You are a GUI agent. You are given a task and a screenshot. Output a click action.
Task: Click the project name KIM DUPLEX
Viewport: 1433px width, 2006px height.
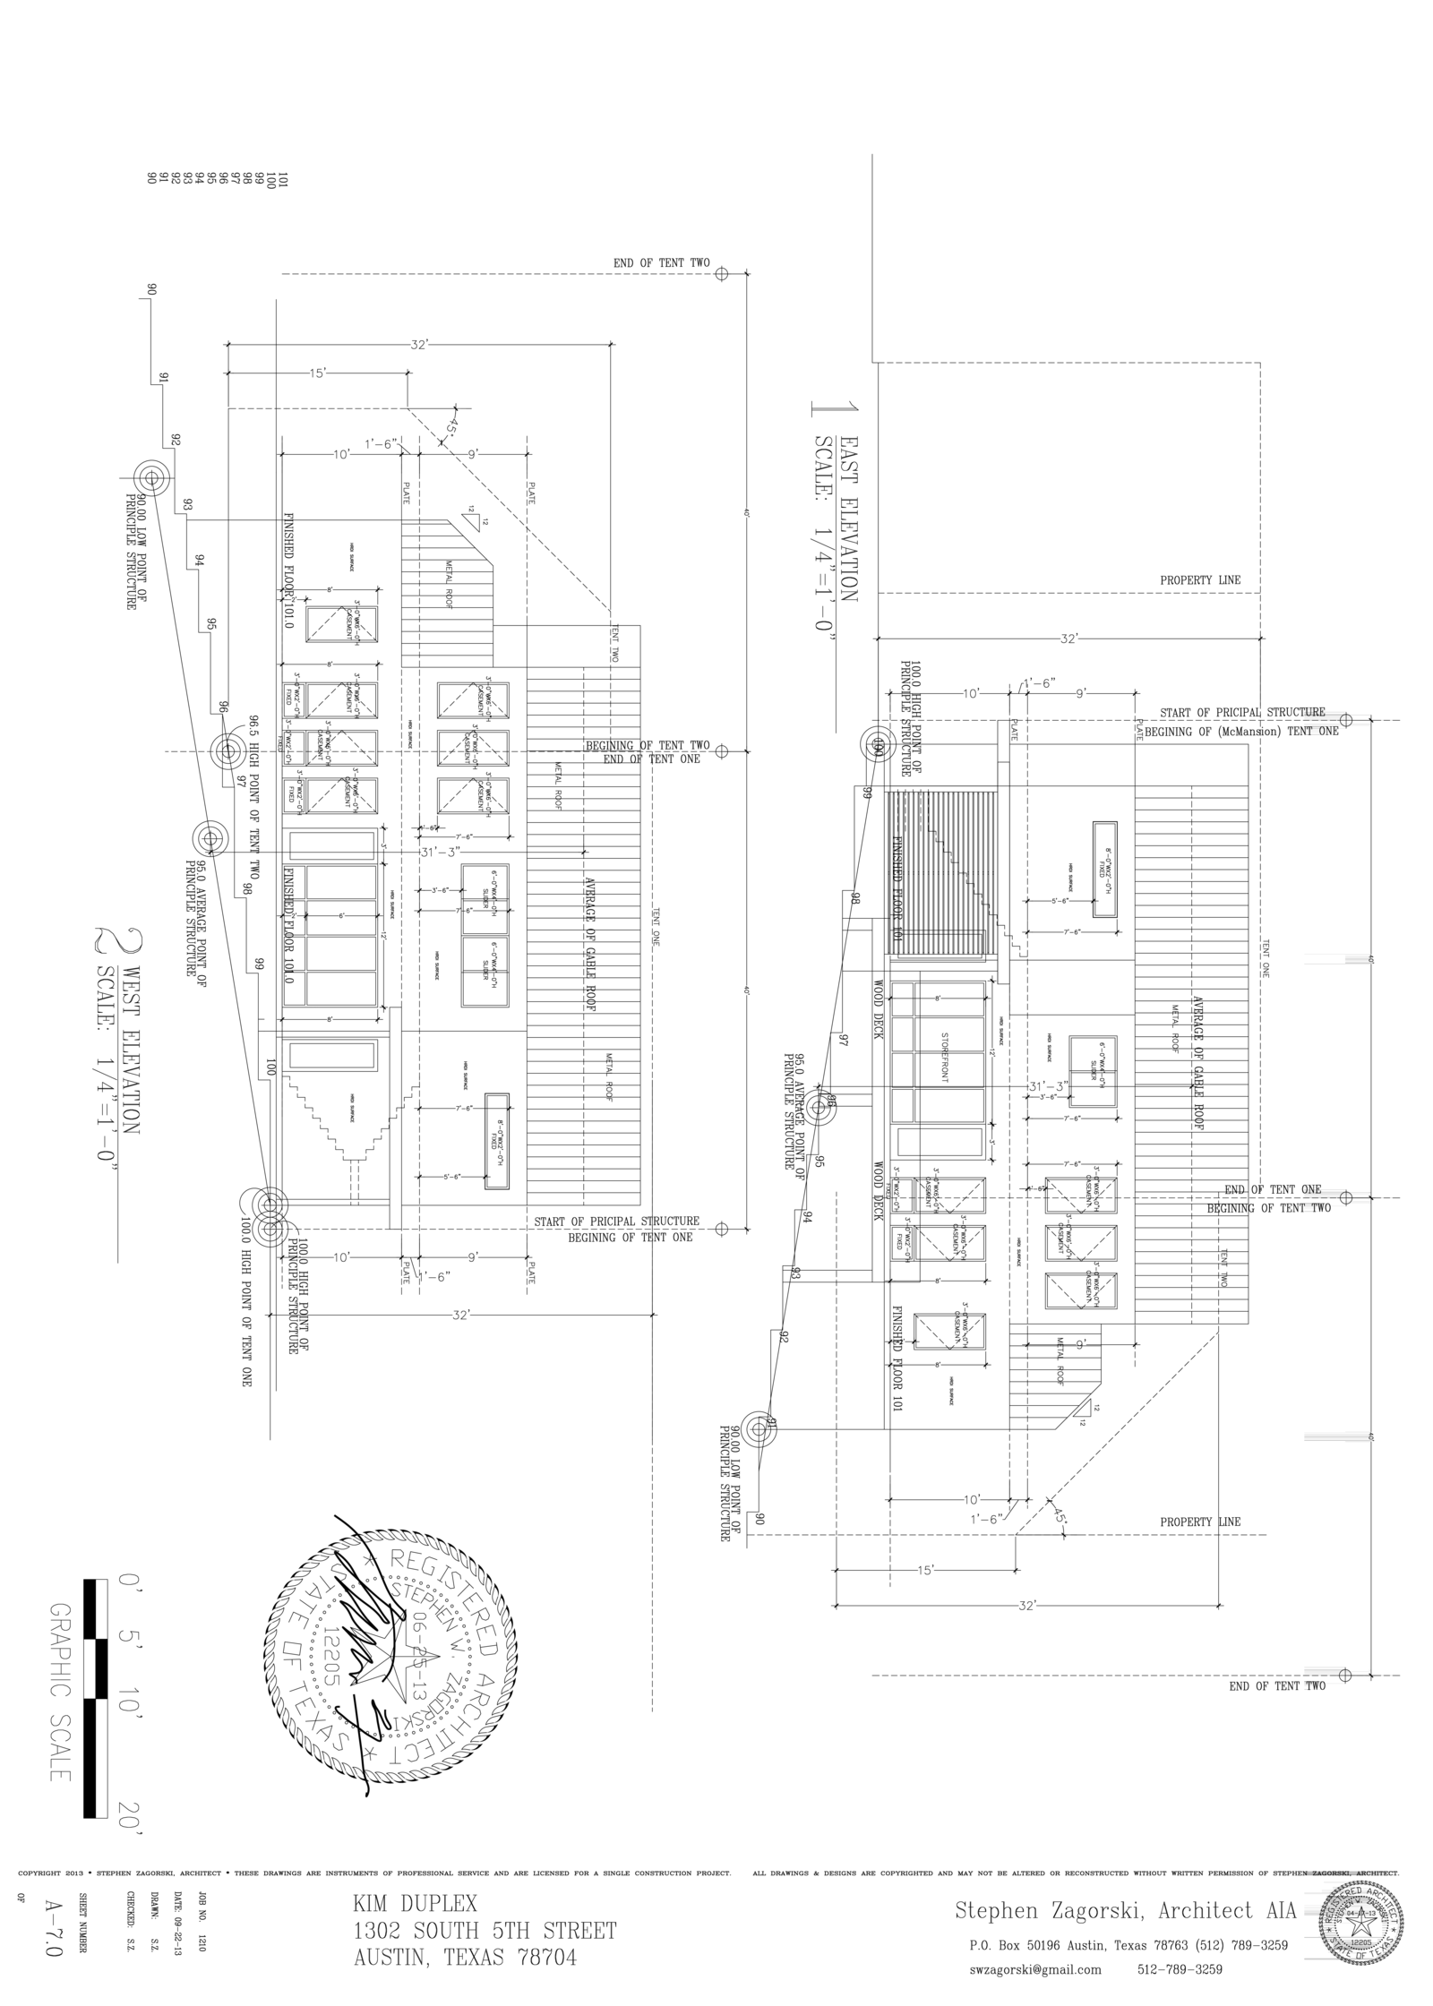[x=415, y=1903]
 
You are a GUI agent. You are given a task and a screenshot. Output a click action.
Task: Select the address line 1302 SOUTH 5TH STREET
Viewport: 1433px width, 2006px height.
[x=485, y=1931]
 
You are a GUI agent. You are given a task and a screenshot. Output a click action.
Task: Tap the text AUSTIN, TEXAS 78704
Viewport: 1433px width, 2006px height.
[x=465, y=1958]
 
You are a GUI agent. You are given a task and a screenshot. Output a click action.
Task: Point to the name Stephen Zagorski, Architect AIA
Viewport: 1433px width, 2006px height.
[x=1125, y=1910]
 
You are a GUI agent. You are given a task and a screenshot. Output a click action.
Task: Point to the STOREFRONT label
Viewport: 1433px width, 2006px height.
[x=944, y=1058]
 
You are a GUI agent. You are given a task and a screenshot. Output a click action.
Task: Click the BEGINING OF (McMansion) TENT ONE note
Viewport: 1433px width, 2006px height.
[x=1241, y=731]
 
